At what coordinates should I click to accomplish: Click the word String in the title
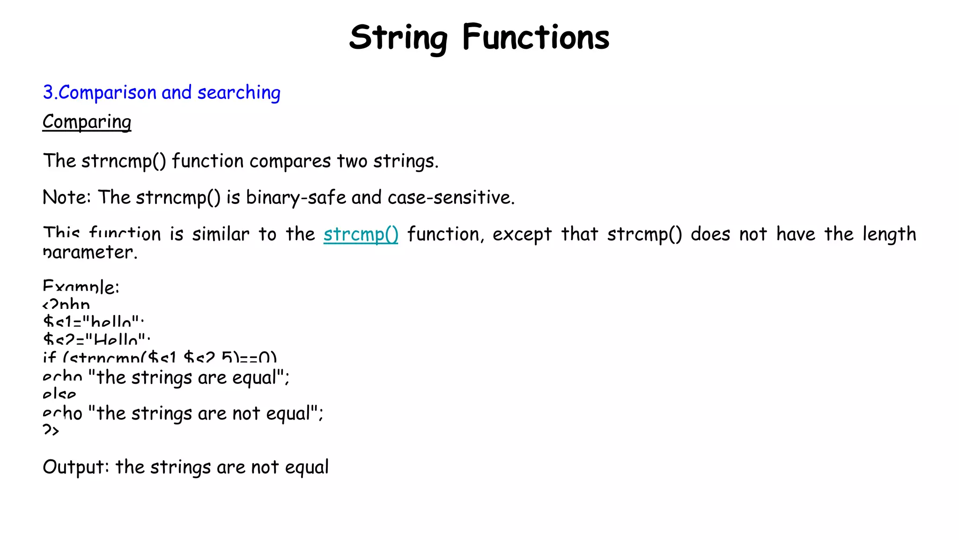(398, 37)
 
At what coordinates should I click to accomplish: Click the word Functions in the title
(536, 37)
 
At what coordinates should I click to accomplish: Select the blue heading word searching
(239, 92)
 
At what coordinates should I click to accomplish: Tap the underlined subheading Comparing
(87, 122)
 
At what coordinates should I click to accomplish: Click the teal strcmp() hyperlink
(361, 234)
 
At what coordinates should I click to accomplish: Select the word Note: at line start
(66, 197)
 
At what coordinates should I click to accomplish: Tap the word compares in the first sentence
(290, 161)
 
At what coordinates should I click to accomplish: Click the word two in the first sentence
(352, 161)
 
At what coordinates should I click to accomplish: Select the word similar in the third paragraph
(220, 234)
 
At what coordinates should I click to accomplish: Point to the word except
(522, 234)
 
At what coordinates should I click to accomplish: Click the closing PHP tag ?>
(51, 430)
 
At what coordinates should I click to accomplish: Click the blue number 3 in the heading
(48, 92)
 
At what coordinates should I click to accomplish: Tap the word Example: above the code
(81, 287)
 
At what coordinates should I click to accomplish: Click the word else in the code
(59, 395)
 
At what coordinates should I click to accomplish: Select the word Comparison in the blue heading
(107, 92)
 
